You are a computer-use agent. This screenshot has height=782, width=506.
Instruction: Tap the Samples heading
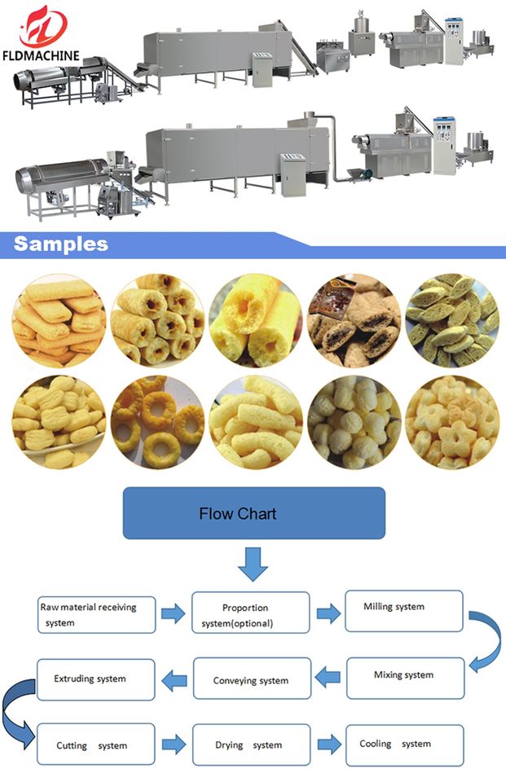point(61,244)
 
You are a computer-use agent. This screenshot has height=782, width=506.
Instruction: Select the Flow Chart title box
point(253,513)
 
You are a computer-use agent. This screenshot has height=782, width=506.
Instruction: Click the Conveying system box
point(251,679)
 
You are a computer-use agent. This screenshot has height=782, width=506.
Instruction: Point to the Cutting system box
point(95,744)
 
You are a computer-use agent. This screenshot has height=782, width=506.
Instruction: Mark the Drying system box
point(251,744)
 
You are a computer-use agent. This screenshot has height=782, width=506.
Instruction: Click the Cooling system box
point(405,744)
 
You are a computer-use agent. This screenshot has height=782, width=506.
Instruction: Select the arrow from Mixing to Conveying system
point(328,676)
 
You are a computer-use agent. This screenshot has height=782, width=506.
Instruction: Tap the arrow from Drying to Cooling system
point(328,744)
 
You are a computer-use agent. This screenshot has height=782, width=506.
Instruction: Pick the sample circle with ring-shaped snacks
point(157,423)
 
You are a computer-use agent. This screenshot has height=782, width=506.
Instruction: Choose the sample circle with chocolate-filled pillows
point(354,321)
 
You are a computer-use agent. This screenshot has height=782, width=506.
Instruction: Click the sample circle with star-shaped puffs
point(451,423)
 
